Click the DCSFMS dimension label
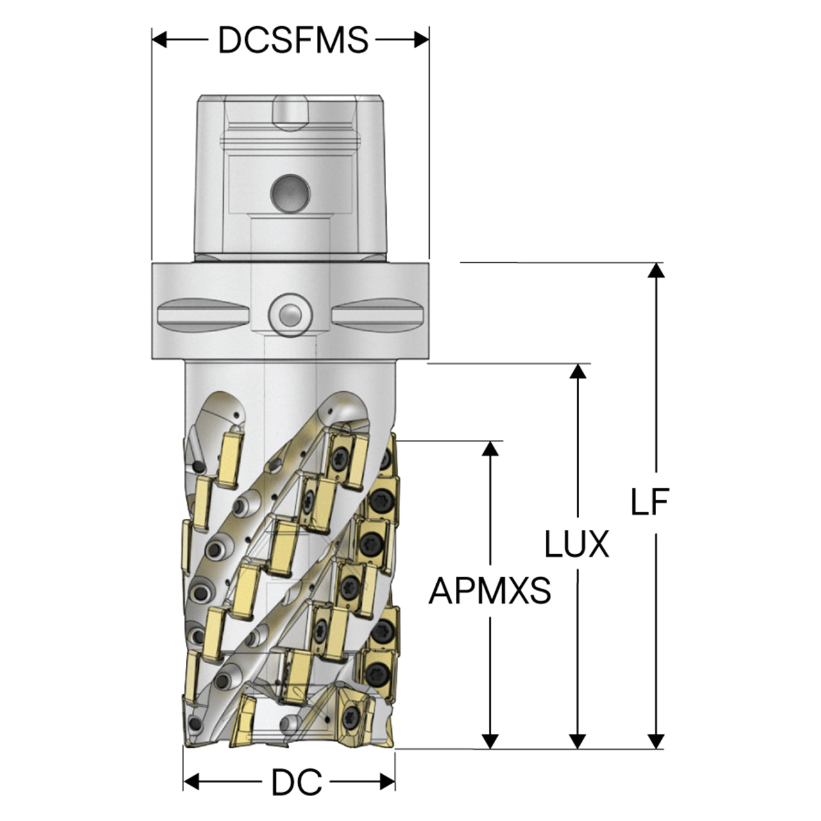293,40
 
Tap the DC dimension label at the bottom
297,782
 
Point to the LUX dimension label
577,544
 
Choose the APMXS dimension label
490,591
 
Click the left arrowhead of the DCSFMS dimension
159,40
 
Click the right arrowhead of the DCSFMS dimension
422,40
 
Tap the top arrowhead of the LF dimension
656,270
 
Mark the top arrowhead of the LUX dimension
578,371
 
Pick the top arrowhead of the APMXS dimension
491,448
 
